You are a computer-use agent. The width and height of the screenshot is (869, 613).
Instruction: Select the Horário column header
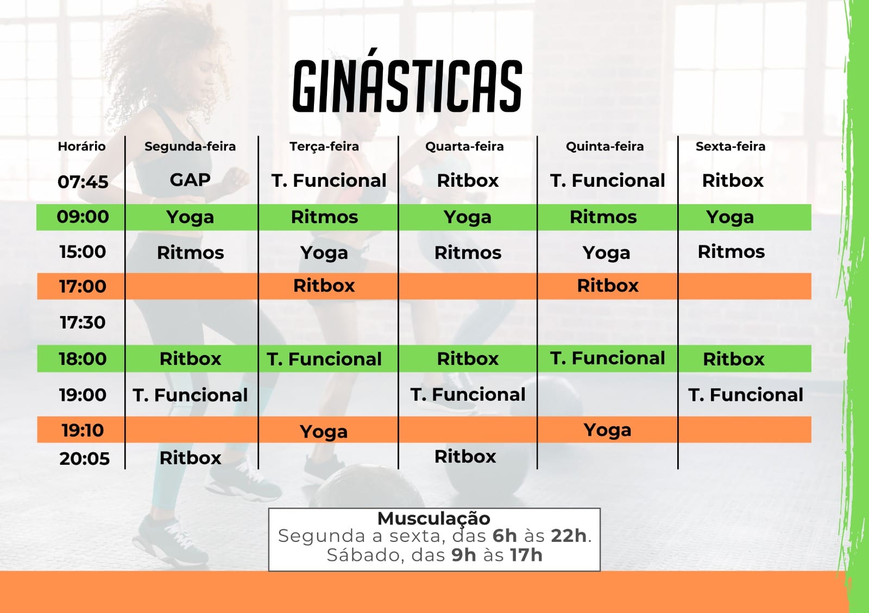tap(81, 146)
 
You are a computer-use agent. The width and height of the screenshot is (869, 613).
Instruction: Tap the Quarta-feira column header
tap(464, 146)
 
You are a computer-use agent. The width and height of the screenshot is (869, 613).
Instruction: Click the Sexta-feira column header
tap(731, 146)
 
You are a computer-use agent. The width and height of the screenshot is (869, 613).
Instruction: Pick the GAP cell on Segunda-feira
tap(190, 180)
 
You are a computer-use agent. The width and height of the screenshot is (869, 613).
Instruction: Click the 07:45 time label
tap(83, 182)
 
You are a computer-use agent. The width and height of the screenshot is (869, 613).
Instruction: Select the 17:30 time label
tap(83, 323)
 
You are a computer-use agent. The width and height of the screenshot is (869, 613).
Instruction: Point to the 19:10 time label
tap(83, 431)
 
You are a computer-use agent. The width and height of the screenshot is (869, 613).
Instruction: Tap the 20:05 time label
tap(85, 459)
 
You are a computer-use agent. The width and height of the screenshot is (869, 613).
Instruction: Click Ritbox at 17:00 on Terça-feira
tap(324, 286)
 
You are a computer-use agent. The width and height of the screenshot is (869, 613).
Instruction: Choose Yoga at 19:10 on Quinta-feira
tap(608, 431)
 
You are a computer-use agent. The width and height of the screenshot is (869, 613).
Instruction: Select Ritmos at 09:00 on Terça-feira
tap(324, 217)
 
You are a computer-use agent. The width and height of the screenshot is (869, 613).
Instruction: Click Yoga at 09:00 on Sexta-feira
tap(730, 218)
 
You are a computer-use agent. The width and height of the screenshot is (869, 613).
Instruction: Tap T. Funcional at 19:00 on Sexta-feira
tap(746, 395)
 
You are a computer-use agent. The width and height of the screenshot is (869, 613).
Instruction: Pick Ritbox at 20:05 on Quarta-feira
tap(465, 457)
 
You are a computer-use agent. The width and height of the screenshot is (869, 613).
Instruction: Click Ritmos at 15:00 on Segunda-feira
tap(191, 253)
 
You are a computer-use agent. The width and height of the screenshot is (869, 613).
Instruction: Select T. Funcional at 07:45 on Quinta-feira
tap(608, 181)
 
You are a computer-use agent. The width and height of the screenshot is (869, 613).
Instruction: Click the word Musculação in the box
tap(434, 519)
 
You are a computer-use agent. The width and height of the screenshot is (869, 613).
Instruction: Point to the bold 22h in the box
tap(569, 536)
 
